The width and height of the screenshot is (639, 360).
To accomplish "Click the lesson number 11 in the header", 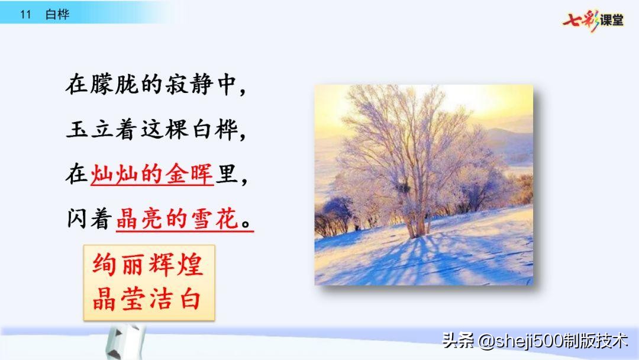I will (x=25, y=15).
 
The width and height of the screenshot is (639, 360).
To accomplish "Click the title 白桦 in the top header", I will (x=57, y=15).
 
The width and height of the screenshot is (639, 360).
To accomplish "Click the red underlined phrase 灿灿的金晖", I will (x=152, y=175).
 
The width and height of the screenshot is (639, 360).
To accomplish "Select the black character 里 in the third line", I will (x=225, y=175).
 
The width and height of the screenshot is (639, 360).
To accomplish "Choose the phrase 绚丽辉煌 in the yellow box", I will (x=148, y=265).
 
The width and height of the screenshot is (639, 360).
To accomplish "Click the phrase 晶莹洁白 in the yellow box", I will (x=148, y=299).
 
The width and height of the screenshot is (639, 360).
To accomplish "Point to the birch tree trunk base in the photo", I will (x=417, y=228).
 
